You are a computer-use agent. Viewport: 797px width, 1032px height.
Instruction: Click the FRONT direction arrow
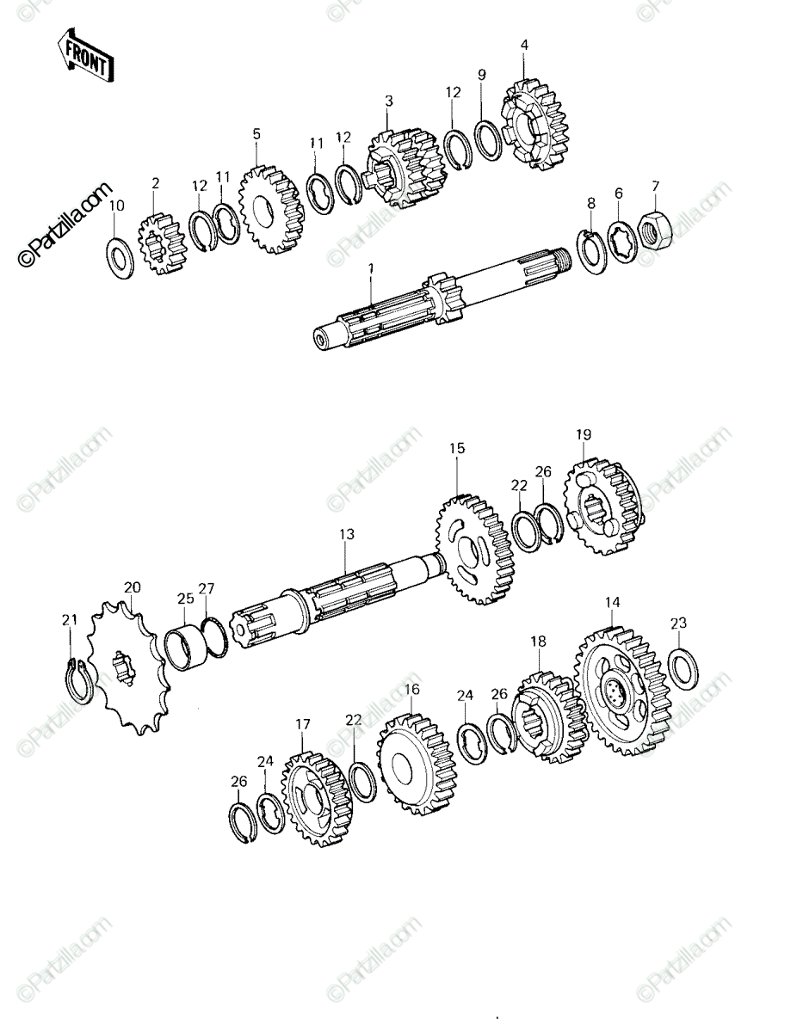tap(85, 56)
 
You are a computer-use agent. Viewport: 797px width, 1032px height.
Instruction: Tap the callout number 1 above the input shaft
tap(371, 269)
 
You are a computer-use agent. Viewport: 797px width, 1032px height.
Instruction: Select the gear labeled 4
tap(536, 125)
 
